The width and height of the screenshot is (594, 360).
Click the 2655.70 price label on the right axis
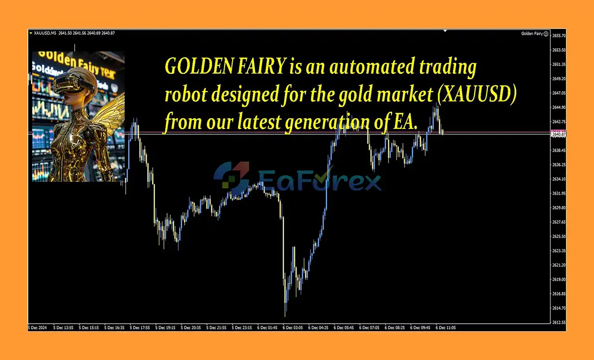559,36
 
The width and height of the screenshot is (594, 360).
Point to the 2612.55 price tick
559,322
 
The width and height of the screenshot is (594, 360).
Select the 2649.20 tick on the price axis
559,79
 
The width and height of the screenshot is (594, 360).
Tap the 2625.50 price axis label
559,237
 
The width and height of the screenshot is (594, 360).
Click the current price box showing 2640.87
558,135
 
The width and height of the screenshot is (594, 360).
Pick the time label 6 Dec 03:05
292,328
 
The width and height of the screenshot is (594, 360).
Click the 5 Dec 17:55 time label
140,328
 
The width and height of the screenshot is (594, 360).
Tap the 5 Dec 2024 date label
38,328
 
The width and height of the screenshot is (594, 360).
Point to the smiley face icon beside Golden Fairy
546,33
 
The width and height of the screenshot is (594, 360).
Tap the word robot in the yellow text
183,96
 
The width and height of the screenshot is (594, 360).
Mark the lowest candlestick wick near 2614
285,311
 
